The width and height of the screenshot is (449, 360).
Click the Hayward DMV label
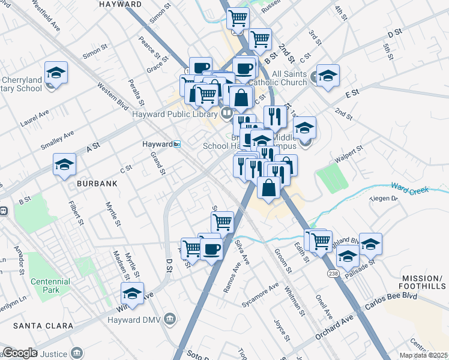click(142, 317)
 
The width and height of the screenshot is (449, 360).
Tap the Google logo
click(20, 353)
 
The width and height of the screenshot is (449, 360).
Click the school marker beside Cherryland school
click(56, 73)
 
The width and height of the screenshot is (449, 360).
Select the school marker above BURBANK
click(64, 165)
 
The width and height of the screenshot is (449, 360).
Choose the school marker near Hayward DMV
click(132, 294)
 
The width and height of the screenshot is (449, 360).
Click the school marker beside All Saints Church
click(328, 76)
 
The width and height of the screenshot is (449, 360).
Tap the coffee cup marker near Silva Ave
click(211, 248)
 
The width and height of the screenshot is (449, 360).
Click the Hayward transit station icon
click(177, 144)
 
